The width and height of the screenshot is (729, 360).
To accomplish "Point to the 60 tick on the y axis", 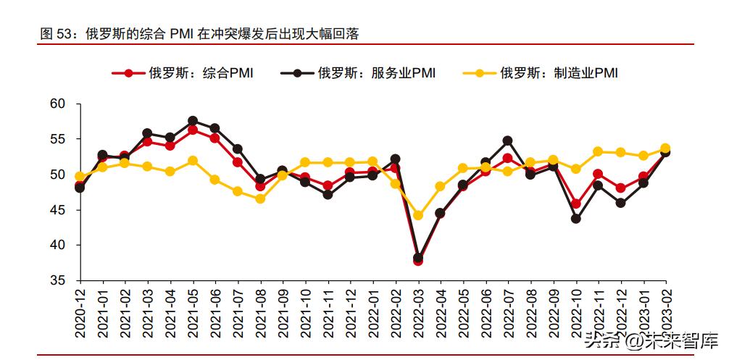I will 58,104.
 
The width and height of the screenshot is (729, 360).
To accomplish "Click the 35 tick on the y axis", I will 58,280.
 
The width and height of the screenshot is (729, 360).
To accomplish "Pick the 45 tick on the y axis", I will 58,210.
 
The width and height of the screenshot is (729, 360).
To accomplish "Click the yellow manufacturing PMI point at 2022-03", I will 418,215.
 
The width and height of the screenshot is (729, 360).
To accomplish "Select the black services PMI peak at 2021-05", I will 193,121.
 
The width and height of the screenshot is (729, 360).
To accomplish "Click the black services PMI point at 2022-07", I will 507,141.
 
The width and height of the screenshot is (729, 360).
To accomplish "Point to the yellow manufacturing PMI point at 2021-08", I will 260,198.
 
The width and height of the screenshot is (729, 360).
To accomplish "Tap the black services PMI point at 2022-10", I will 575,218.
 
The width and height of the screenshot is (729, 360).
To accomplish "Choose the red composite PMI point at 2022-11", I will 598,174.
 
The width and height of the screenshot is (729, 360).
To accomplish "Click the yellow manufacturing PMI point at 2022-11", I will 598,151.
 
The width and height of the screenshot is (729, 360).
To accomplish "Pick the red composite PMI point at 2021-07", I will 238,162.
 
